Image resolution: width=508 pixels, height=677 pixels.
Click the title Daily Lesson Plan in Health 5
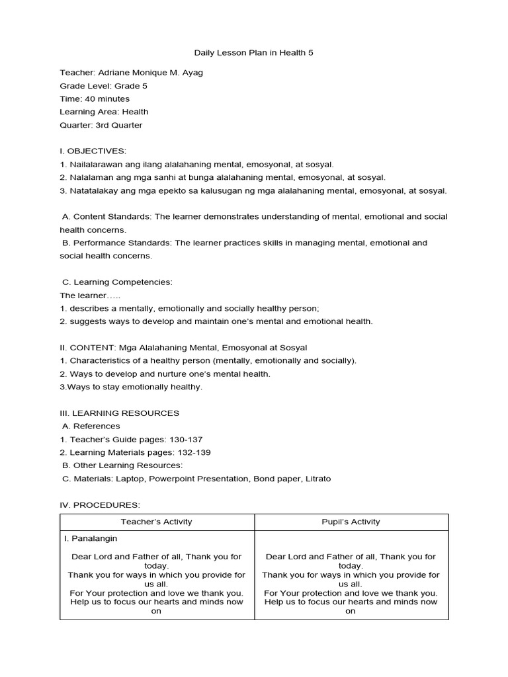[x=253, y=52]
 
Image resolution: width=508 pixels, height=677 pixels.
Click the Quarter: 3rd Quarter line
[x=101, y=125]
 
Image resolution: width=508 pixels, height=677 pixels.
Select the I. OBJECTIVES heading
[x=93, y=151]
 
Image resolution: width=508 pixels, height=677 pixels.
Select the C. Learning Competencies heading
[x=117, y=282]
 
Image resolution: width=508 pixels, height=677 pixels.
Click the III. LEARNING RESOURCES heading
[x=119, y=413]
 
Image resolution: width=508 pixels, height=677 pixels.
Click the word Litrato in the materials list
[x=317, y=479]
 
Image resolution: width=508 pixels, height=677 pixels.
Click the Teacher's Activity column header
[x=157, y=522]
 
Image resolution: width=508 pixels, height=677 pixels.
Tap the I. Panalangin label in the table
[x=91, y=539]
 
